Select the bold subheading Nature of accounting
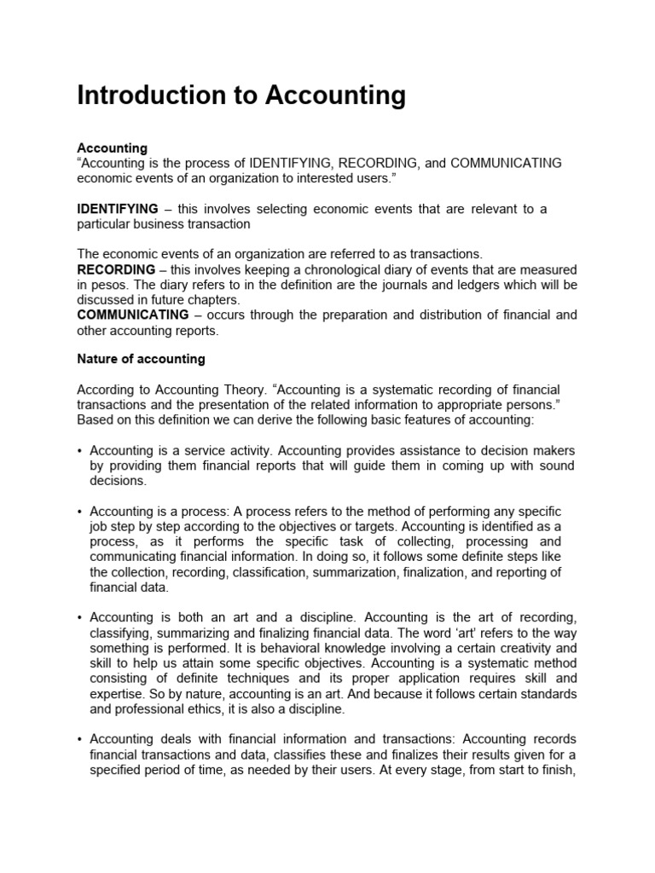[141, 359]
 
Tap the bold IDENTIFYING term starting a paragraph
[118, 209]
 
